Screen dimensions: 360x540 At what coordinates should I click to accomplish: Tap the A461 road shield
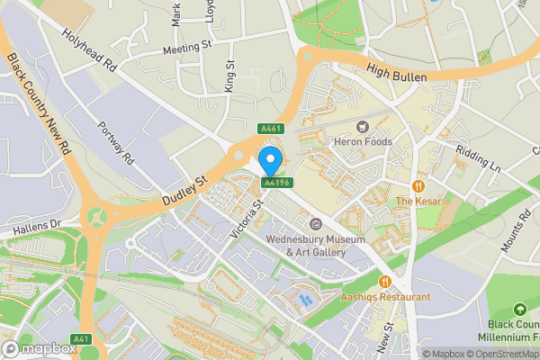[271, 129]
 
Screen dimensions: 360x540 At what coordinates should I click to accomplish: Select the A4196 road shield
[276, 183]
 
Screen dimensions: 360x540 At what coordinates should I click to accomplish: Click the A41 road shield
[81, 338]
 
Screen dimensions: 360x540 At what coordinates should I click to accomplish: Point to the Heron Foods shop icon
[364, 126]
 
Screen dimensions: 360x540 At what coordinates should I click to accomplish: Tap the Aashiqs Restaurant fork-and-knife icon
[385, 281]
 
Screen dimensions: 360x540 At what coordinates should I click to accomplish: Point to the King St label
[230, 76]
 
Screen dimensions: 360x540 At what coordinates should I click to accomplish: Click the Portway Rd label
[116, 143]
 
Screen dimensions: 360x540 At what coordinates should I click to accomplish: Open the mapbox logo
[40, 348]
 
